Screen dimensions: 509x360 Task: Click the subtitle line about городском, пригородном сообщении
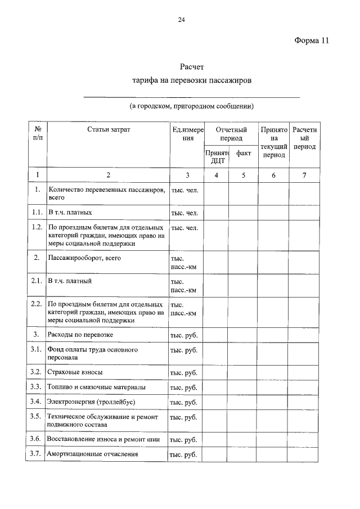(192, 105)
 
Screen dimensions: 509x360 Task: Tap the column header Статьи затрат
(109, 130)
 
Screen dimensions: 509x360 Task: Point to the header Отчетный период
(231, 134)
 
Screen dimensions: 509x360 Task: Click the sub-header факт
(244, 152)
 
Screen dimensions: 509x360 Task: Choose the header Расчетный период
(304, 138)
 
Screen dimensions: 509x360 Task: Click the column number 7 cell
(304, 175)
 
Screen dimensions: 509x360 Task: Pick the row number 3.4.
(36, 402)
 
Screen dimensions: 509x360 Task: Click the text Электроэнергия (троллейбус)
(92, 402)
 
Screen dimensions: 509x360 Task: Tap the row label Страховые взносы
(75, 373)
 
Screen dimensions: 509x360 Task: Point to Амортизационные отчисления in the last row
(92, 454)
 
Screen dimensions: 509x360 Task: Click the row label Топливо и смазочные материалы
(96, 388)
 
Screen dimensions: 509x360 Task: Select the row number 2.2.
(36, 304)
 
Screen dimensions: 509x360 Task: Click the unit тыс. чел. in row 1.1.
(184, 213)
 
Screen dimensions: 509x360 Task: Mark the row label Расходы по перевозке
(81, 335)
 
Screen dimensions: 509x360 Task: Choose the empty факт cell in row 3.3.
(244, 388)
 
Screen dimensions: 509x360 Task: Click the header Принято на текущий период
(274, 142)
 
